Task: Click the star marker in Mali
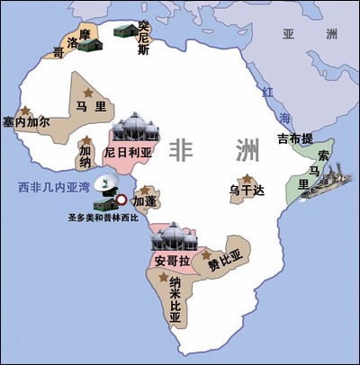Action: tap(87, 93)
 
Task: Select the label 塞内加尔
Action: tap(26, 120)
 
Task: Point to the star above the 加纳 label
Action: tap(86, 140)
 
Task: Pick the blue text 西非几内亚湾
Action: tap(48, 188)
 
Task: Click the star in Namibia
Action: tap(172, 282)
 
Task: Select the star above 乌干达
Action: tap(244, 179)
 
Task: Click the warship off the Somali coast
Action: tap(315, 191)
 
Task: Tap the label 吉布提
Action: tap(294, 138)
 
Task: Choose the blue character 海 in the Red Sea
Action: tap(277, 118)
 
